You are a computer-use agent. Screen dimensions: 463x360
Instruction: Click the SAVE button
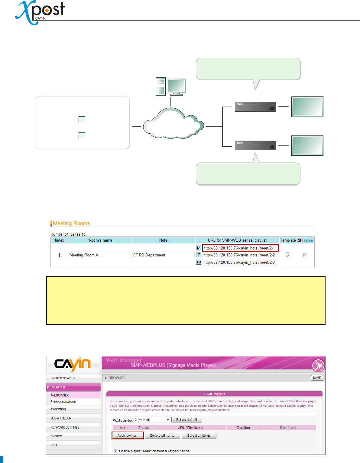(x=317, y=378)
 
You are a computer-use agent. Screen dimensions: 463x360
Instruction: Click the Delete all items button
(x=162, y=435)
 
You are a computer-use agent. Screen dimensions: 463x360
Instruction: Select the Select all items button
(x=199, y=435)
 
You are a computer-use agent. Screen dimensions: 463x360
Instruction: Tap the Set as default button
(x=186, y=419)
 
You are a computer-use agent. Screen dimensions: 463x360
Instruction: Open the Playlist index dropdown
(x=152, y=420)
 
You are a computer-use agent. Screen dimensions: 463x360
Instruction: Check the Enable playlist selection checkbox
(x=115, y=451)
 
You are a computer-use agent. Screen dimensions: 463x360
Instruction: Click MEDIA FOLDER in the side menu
(x=61, y=418)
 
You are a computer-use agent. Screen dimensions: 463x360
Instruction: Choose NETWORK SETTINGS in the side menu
(x=65, y=427)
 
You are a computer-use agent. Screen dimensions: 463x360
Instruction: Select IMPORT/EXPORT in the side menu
(x=65, y=402)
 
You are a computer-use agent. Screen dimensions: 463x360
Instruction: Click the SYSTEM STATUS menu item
(x=63, y=378)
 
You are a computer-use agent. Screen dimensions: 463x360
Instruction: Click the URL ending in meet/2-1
(x=239, y=248)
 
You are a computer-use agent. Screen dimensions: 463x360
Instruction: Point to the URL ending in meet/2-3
(x=239, y=262)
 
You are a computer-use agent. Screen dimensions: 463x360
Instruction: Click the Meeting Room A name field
(x=99, y=255)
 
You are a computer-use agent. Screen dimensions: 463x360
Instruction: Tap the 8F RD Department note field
(x=163, y=255)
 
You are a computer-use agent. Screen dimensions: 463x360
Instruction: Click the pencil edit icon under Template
(x=288, y=255)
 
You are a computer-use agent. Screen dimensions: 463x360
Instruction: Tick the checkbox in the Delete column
(x=305, y=255)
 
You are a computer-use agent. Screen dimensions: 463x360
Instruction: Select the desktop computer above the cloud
(x=170, y=86)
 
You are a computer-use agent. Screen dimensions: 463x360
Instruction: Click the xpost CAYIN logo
(x=40, y=12)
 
